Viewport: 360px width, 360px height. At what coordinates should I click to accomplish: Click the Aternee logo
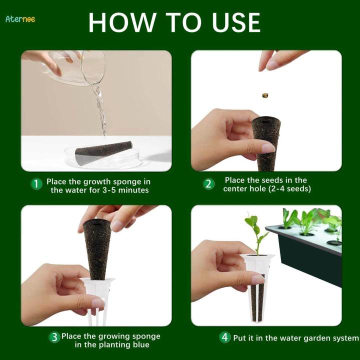coord(20,19)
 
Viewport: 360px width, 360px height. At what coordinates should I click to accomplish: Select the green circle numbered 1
coord(36,184)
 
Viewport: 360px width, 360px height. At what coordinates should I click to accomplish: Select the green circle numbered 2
coord(208,184)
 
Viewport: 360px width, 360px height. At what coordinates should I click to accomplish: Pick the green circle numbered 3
coord(54,337)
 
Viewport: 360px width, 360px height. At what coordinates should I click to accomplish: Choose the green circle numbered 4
coord(225,337)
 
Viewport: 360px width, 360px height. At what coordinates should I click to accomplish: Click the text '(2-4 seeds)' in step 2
coord(289,189)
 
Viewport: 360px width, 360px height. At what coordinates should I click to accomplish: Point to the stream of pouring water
coord(100,107)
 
